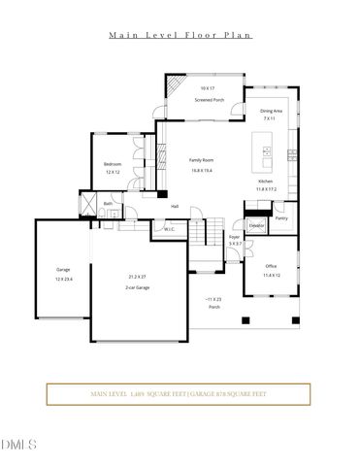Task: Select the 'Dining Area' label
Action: [271, 112]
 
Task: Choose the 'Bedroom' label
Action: [113, 164]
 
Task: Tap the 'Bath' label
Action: [109, 203]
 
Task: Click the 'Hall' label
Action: [175, 206]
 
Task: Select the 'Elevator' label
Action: [256, 225]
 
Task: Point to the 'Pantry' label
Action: [281, 217]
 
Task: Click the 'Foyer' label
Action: [234, 237]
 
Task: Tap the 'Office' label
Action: [272, 267]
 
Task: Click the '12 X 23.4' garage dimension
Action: [65, 279]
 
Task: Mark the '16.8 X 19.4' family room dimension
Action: [202, 170]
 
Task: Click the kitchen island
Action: [264, 150]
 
